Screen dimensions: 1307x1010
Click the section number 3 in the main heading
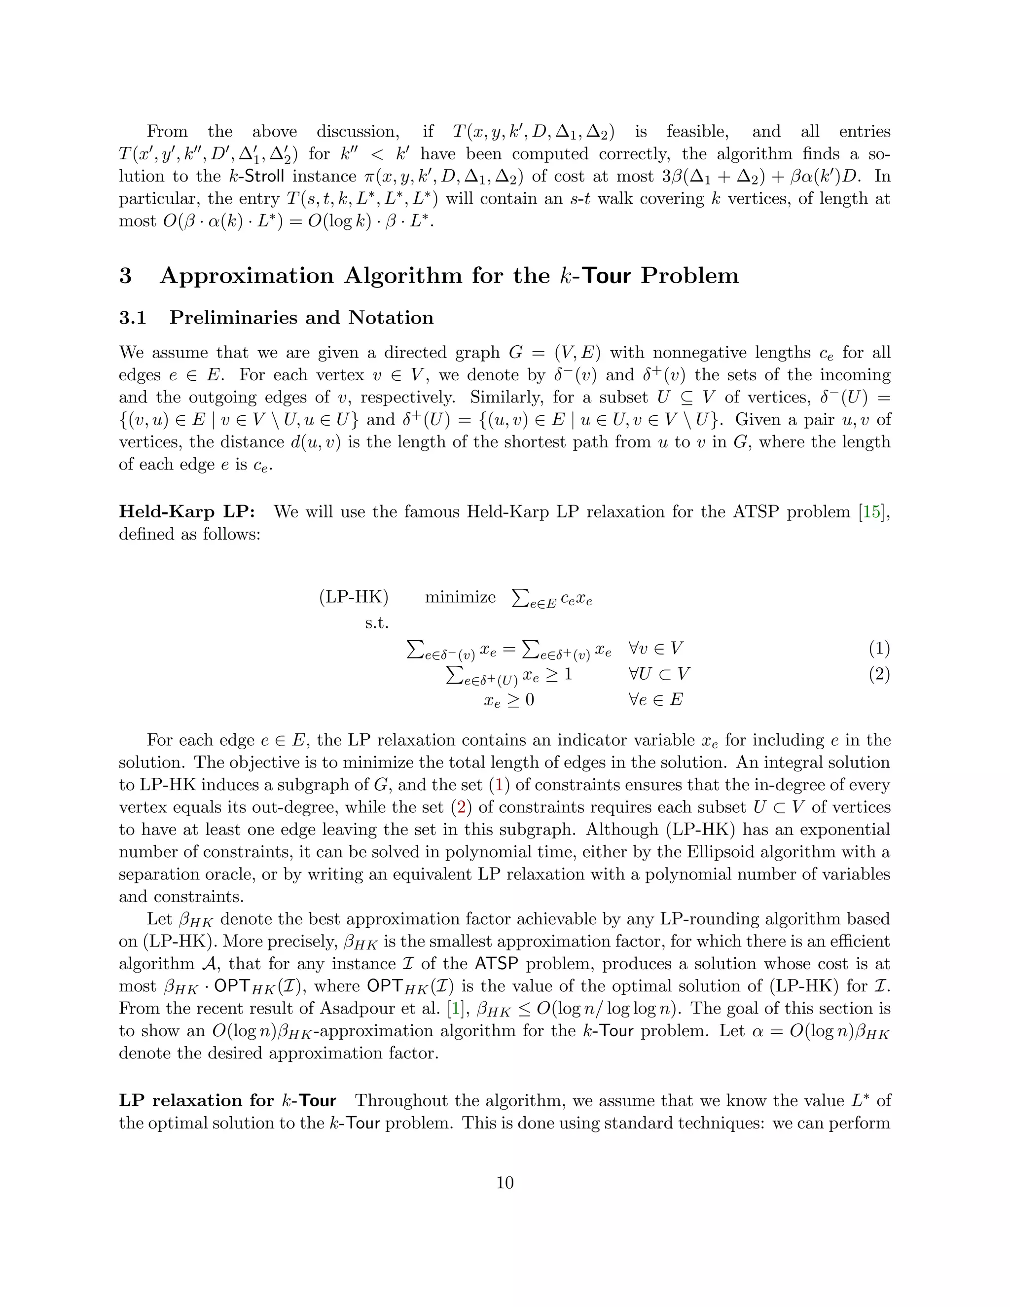[125, 276]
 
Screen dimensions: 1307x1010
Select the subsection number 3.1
[133, 317]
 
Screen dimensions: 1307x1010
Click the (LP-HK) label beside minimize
[354, 597]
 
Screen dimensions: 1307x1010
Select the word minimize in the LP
[460, 597]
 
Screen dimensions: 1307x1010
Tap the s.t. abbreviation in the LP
[376, 623]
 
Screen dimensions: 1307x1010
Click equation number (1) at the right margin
[879, 648]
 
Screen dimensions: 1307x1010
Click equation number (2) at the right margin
[879, 674]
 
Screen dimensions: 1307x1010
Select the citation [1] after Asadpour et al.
[455, 1009]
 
